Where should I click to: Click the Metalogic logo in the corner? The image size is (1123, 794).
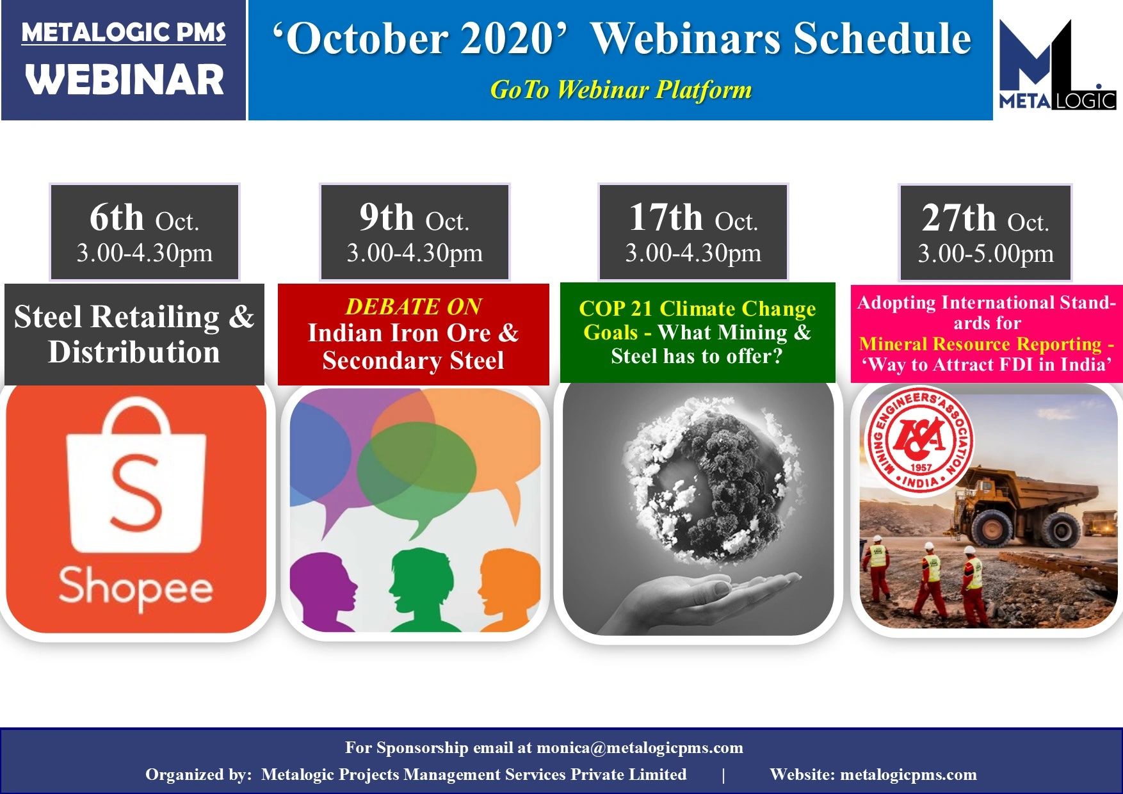pyautogui.click(x=1058, y=65)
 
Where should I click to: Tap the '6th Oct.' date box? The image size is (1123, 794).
pyautogui.click(x=145, y=232)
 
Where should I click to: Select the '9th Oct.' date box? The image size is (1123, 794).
pyautogui.click(x=415, y=232)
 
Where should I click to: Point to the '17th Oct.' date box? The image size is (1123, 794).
pyautogui.click(x=693, y=232)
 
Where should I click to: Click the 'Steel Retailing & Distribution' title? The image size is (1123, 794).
pyautogui.click(x=134, y=334)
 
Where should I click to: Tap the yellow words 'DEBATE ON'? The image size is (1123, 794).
pyautogui.click(x=414, y=307)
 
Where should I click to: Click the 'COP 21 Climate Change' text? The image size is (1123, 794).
pyautogui.click(x=697, y=309)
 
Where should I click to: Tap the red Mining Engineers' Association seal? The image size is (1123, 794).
pyautogui.click(x=920, y=440)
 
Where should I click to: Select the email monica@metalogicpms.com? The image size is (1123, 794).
pyautogui.click(x=640, y=748)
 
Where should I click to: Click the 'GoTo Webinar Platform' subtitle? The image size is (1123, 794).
pyautogui.click(x=621, y=90)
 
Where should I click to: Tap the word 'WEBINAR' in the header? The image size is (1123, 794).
pyautogui.click(x=125, y=80)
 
